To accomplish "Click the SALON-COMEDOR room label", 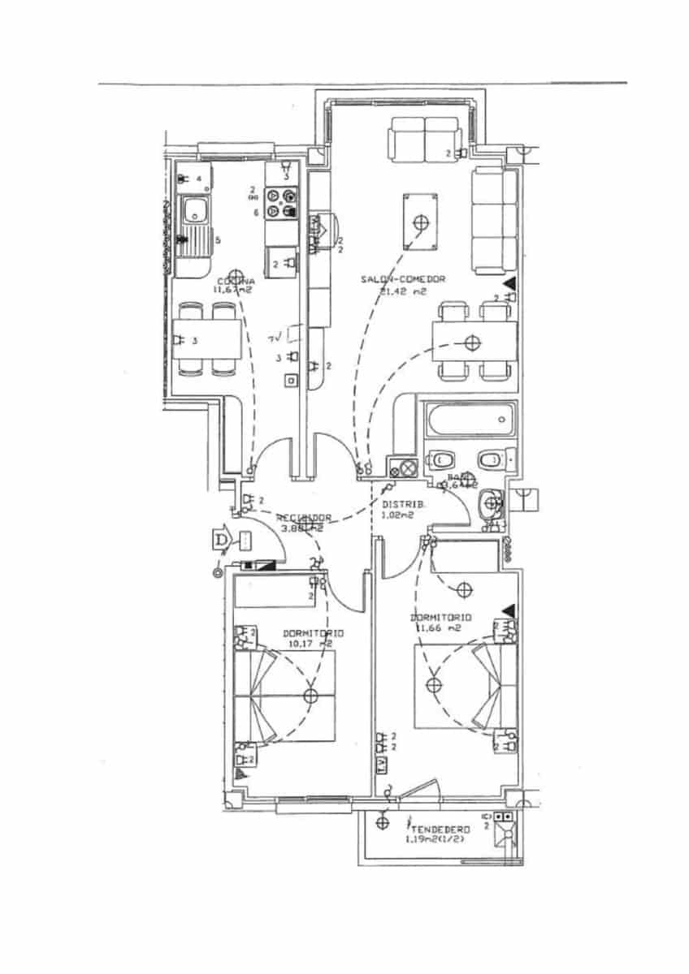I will pyautogui.click(x=404, y=279).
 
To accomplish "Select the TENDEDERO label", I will pyautogui.click(x=440, y=830).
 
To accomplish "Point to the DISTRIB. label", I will pyautogui.click(x=399, y=504).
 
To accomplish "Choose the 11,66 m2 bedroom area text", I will pyautogui.click(x=438, y=627).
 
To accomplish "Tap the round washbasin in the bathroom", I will pyautogui.click(x=492, y=503).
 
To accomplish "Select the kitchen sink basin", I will pyautogui.click(x=195, y=212).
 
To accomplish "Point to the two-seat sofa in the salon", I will pyautogui.click(x=424, y=139).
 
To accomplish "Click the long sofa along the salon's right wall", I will pyautogui.click(x=494, y=220).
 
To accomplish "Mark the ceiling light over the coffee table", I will pyautogui.click(x=420, y=222).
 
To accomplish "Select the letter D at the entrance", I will pyautogui.click(x=219, y=538).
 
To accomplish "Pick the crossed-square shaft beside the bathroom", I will pyautogui.click(x=403, y=468).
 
